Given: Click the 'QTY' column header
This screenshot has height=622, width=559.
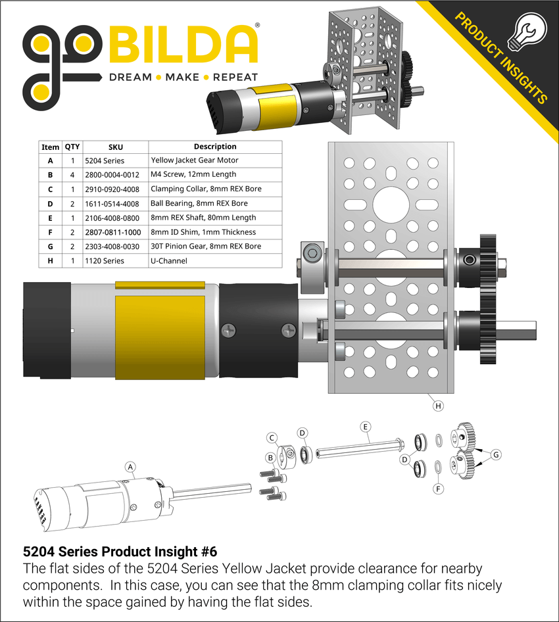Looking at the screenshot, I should tap(72, 147).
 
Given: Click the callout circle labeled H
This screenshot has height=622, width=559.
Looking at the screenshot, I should tap(438, 406).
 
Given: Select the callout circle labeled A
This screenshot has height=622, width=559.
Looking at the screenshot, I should tap(130, 467).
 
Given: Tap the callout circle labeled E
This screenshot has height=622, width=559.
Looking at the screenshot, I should tap(365, 426).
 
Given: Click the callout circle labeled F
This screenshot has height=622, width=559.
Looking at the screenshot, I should tap(438, 489).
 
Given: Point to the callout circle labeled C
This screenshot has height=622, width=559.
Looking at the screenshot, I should tap(272, 438).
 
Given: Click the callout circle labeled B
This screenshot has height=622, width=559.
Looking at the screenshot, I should tap(270, 458).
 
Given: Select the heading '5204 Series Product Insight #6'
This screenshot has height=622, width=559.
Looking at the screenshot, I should tap(120, 551).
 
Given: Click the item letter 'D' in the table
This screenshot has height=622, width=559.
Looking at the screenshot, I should tap(51, 203).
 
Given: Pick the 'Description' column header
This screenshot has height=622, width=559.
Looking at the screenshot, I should tap(215, 147).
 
